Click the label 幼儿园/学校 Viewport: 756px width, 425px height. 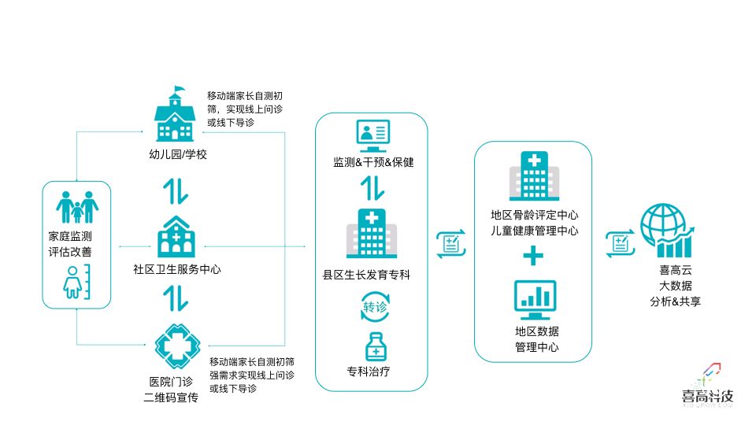pyautogui.click(x=178, y=154)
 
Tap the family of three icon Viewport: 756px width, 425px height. pyautogui.click(x=77, y=207)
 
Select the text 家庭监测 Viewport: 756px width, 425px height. pyautogui.click(x=70, y=236)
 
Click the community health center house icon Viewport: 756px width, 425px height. pyautogui.click(x=176, y=237)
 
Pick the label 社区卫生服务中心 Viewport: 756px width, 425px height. pyautogui.click(x=177, y=269)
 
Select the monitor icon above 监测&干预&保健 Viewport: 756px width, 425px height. pyautogui.click(x=372, y=136)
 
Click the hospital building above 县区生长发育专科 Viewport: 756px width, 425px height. pyautogui.click(x=372, y=235)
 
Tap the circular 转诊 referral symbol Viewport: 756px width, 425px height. pyautogui.click(x=375, y=308)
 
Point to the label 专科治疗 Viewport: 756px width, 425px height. pyautogui.click(x=368, y=371)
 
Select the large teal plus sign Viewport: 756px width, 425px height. pyautogui.click(x=534, y=256)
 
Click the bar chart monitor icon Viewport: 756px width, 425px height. pyautogui.click(x=535, y=297)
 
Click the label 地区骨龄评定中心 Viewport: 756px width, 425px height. pyautogui.click(x=535, y=214)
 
